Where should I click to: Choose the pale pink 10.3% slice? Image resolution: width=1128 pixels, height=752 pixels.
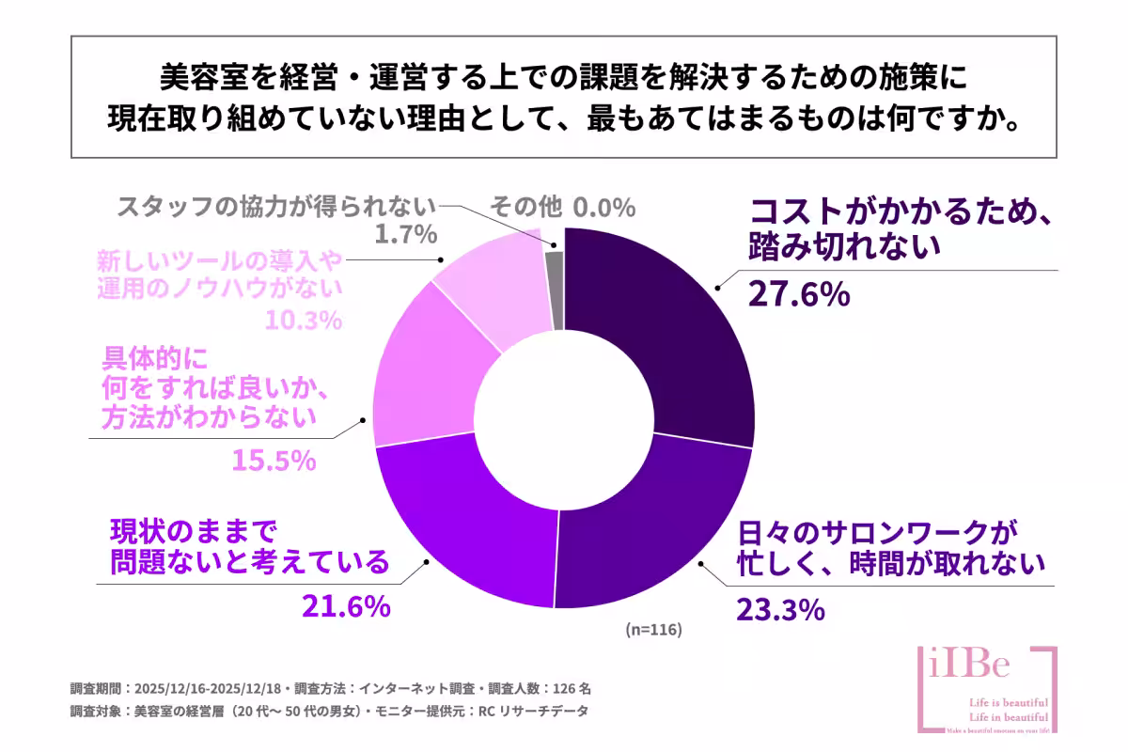pos(489,282)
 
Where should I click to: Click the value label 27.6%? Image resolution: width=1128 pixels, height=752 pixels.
pos(799,294)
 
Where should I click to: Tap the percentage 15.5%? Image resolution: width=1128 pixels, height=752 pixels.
pos(273,461)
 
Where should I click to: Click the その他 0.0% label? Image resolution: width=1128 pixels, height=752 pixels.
pos(562,207)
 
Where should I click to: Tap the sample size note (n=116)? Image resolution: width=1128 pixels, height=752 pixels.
pos(652,629)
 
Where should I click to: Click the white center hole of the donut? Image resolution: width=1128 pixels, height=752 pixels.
pos(563,417)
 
